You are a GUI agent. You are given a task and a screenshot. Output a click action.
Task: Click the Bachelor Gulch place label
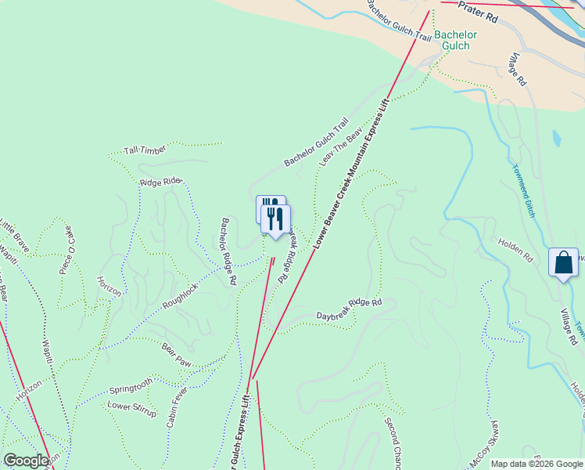point(452,40)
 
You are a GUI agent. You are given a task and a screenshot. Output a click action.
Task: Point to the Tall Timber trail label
point(145,150)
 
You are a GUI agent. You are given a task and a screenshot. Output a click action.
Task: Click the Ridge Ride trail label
point(160,183)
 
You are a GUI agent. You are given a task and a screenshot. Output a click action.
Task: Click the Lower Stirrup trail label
point(130,406)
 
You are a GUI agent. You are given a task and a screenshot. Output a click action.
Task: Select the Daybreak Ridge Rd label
point(348,309)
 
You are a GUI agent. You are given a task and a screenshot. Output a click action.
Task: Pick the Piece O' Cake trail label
point(66,250)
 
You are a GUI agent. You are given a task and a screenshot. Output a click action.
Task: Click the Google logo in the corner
point(26,461)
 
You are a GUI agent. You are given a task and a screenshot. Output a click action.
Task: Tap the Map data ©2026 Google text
point(537,464)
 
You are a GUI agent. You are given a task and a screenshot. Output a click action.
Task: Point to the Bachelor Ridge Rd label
point(228,251)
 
